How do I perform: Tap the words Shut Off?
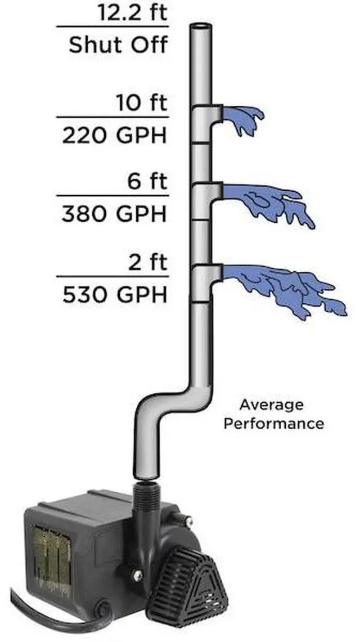[118, 44]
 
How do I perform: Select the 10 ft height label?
[142, 104]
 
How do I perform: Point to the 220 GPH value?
[115, 136]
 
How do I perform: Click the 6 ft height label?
[148, 182]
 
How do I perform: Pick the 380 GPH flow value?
[115, 214]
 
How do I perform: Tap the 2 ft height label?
[148, 262]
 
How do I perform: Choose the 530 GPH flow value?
[115, 295]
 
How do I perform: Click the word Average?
[271, 405]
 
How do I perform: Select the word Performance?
[273, 423]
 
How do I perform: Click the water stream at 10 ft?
[244, 119]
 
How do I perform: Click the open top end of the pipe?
[200, 27]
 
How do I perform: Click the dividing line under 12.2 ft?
[112, 26]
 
